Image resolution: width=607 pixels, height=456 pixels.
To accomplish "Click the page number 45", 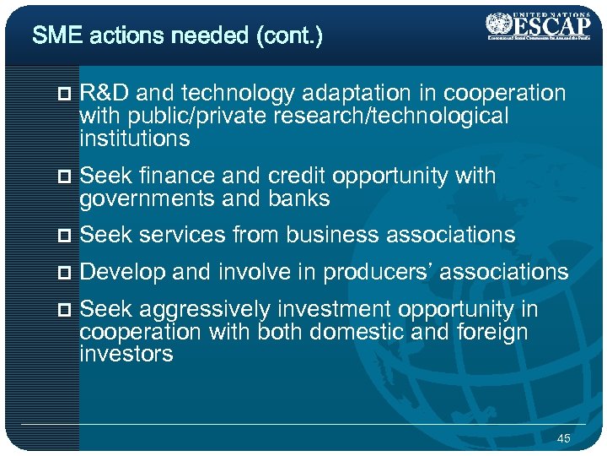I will [x=564, y=437].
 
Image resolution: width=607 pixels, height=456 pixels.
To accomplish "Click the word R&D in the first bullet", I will [x=103, y=93].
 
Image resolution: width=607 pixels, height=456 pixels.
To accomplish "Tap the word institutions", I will [x=135, y=138].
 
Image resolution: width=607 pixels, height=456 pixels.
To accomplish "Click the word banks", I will [x=299, y=198].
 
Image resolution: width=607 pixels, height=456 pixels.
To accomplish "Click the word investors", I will [x=126, y=354].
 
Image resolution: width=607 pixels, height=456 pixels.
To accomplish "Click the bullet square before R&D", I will [x=68, y=94].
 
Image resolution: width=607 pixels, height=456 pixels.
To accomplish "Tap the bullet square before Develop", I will [x=68, y=273].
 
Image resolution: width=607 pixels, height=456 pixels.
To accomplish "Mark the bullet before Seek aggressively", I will [x=68, y=310].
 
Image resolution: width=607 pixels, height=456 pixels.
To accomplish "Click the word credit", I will [x=298, y=176].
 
